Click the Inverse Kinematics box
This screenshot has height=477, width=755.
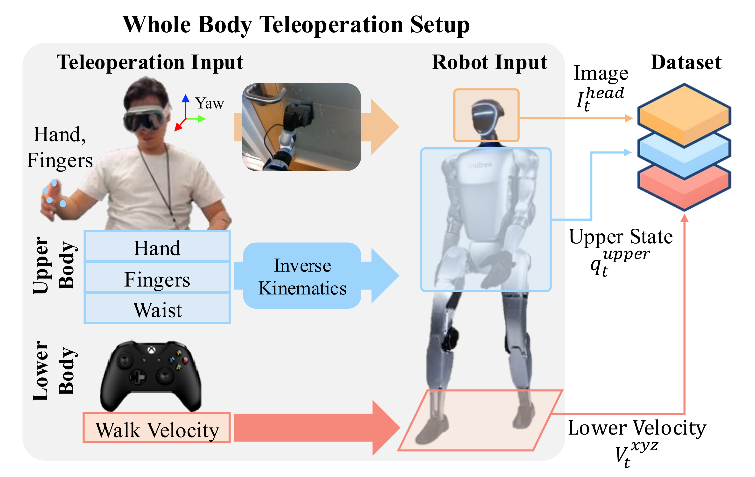pos(302,276)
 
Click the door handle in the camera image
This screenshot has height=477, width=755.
pos(263,94)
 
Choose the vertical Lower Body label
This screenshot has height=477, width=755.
pos(53,371)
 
